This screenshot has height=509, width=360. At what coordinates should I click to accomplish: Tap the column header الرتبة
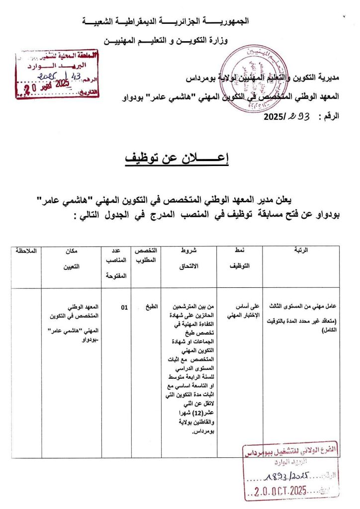coord(301,250)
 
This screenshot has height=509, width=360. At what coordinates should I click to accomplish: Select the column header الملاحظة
coord(25,250)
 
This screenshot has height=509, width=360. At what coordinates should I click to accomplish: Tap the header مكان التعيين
coord(72,258)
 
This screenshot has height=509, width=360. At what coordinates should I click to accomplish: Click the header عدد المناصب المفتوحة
coord(115,262)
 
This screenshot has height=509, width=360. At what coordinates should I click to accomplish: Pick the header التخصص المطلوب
coord(146,258)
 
